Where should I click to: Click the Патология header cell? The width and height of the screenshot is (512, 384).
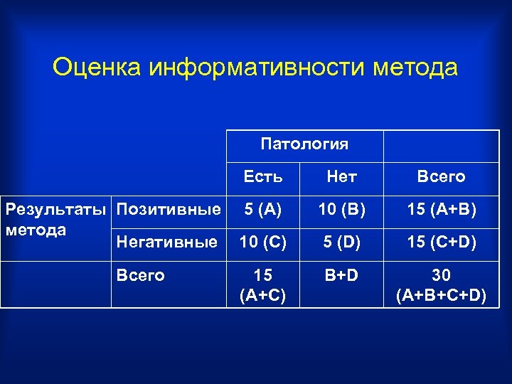pyautogui.click(x=304, y=144)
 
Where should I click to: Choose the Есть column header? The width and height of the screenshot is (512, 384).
pyautogui.click(x=263, y=176)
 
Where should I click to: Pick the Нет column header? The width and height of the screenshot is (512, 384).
pyautogui.click(x=341, y=176)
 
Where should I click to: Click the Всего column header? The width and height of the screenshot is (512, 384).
pyautogui.click(x=441, y=176)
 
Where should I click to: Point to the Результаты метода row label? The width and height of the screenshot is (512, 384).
pyautogui.click(x=57, y=219)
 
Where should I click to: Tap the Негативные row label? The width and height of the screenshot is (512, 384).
pyautogui.click(x=167, y=242)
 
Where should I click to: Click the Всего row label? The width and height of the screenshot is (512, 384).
pyautogui.click(x=140, y=275)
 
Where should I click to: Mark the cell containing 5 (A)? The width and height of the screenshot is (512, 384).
pyautogui.click(x=263, y=209)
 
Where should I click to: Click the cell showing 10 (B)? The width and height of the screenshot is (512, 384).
pyautogui.click(x=341, y=209)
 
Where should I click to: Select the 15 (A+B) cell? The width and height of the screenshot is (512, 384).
pyautogui.click(x=441, y=209)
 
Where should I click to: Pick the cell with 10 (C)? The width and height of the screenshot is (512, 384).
pyautogui.click(x=263, y=242)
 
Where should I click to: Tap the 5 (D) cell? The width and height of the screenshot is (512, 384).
pyautogui.click(x=341, y=242)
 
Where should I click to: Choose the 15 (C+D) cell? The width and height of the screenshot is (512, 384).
pyautogui.click(x=441, y=242)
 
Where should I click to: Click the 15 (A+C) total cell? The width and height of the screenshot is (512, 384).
pyautogui.click(x=263, y=284)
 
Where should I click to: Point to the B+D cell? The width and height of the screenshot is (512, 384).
pyautogui.click(x=341, y=275)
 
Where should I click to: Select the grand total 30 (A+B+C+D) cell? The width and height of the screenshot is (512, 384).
pyautogui.click(x=441, y=284)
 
